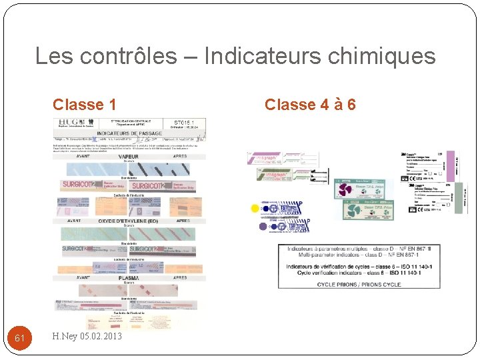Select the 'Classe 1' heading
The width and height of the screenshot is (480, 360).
coord(85,105)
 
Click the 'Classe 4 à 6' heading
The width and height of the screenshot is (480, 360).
coord(310,105)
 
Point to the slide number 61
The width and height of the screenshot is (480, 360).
coord(20,338)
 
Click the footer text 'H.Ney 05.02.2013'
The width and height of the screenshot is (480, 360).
coord(87,337)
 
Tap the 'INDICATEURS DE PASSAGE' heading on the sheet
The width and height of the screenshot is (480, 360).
coord(130,133)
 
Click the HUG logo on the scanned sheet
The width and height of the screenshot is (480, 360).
coord(72,123)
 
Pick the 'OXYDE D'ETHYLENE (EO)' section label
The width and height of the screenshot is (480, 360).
coord(129,221)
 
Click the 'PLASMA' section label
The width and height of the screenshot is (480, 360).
coord(129,278)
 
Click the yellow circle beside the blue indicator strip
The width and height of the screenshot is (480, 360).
coord(254,208)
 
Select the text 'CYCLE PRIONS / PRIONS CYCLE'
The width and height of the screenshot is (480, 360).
coord(359,285)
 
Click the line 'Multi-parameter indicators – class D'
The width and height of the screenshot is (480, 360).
coord(359,255)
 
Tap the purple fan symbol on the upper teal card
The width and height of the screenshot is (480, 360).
coord(345,190)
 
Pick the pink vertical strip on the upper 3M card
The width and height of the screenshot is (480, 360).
coord(451,167)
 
